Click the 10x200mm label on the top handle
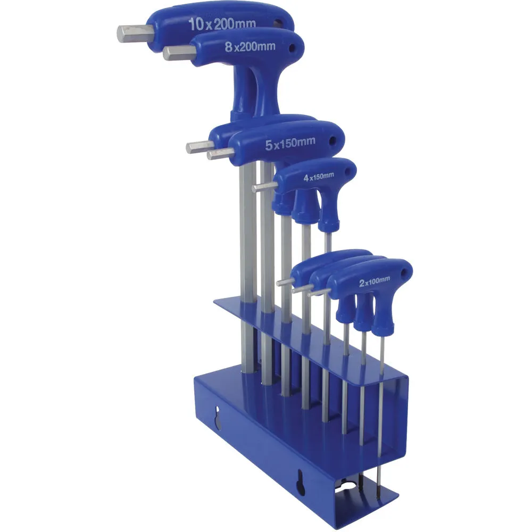click(x=222, y=23)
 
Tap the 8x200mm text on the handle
click(x=250, y=46)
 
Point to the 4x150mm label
click(x=319, y=177)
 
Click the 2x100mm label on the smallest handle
click(x=375, y=281)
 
